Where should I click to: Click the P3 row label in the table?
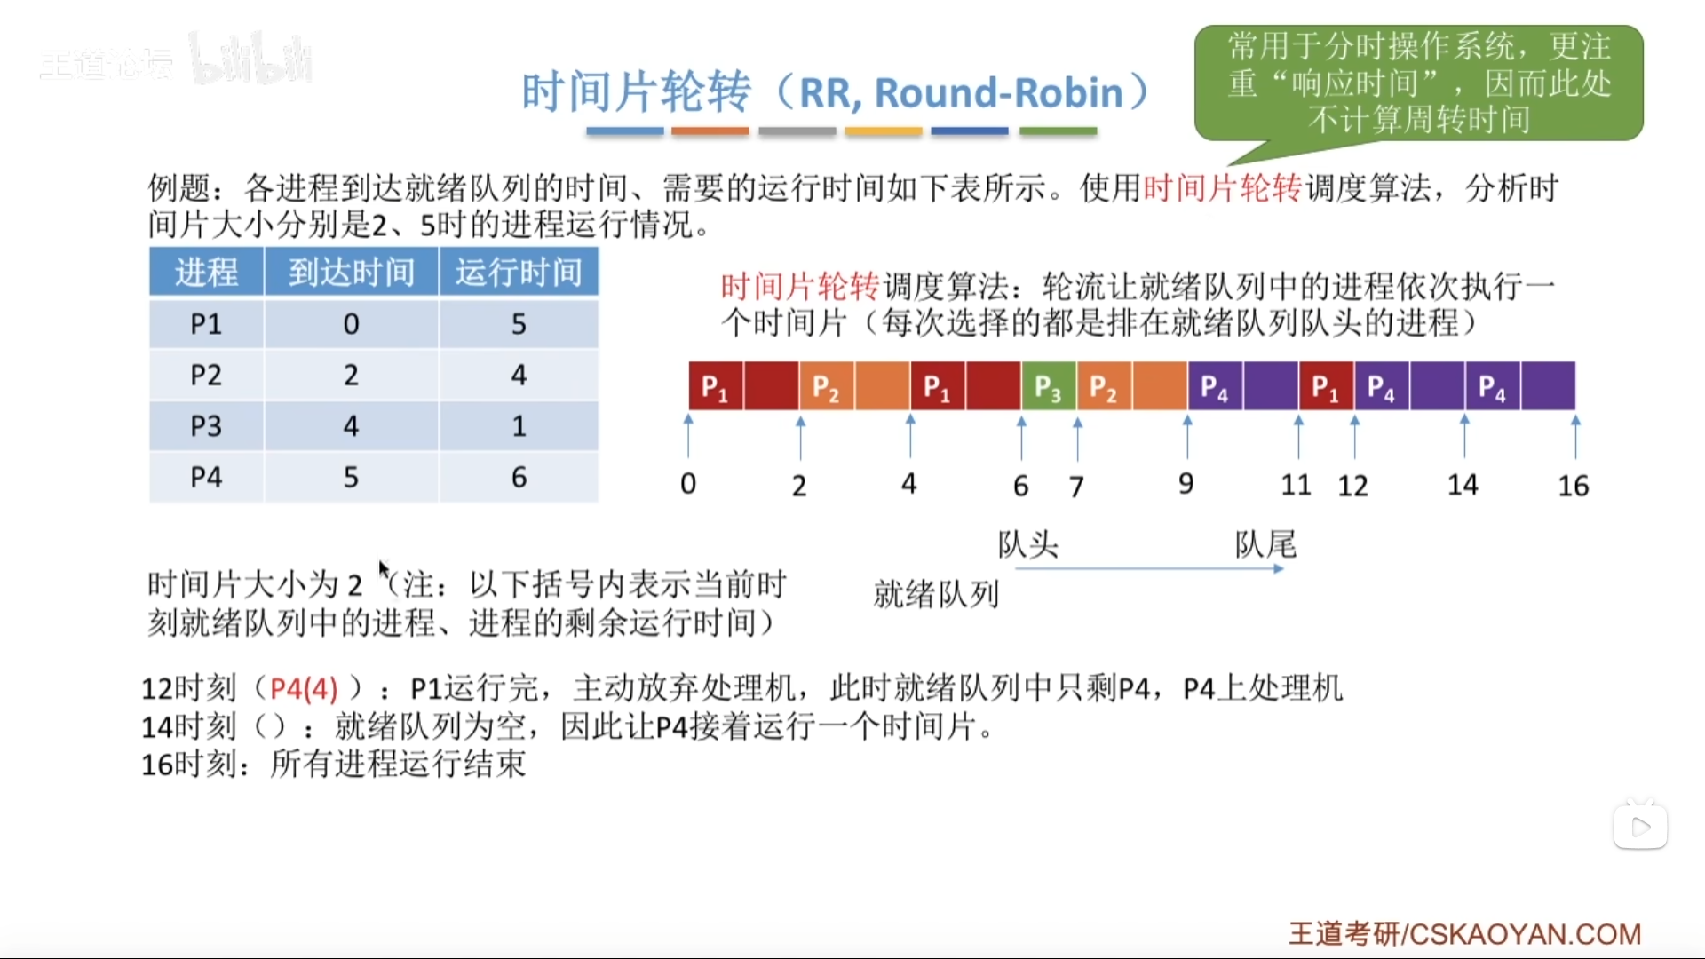(206, 426)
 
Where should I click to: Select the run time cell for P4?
(519, 478)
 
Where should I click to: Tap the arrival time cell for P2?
(352, 375)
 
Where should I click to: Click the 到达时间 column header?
(352, 272)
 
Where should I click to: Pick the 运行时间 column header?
(519, 272)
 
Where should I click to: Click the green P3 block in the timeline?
(1049, 386)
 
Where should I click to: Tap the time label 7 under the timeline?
(1076, 487)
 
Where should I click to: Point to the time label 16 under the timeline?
(1574, 486)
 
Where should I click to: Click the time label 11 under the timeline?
(1297, 485)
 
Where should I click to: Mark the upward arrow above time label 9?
(1187, 437)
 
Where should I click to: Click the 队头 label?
(1028, 544)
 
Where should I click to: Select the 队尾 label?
(1265, 544)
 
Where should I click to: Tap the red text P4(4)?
(304, 688)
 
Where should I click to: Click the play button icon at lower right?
(1640, 827)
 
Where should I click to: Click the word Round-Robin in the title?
(999, 92)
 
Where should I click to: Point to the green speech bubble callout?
(1419, 83)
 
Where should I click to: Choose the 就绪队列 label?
(937, 594)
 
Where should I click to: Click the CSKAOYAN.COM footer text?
(1526, 934)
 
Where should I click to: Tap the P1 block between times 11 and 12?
(1327, 386)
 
